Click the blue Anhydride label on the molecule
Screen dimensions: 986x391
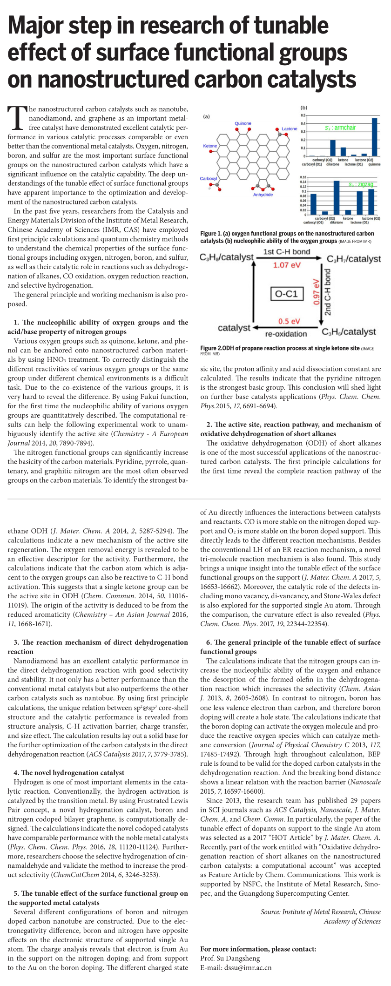tap(263, 195)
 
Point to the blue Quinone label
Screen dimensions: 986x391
tap(243, 123)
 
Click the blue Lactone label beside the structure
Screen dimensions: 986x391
tap(290, 129)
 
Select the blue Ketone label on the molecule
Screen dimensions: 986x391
tap(210, 146)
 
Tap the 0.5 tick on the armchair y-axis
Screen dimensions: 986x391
tap(303, 115)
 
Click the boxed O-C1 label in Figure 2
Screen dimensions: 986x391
tap(286, 294)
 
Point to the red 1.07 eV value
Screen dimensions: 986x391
tap(287, 265)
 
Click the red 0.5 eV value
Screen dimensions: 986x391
tap(289, 321)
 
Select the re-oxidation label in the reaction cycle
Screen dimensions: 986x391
tap(286, 334)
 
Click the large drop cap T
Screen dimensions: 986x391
tap(18, 117)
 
